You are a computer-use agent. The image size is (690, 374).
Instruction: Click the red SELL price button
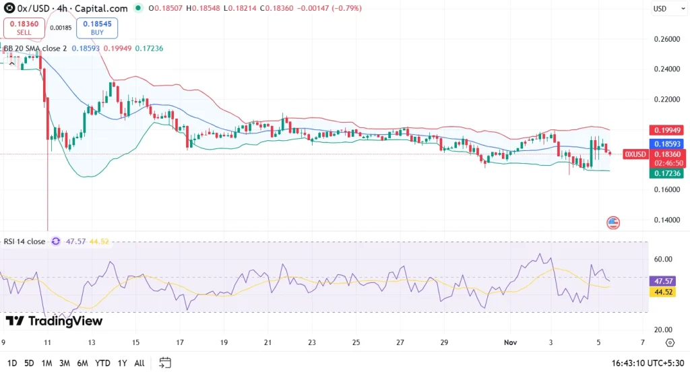click(x=24, y=28)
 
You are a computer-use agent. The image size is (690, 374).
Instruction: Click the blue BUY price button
click(x=97, y=28)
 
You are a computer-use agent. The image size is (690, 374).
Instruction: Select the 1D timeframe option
click(x=12, y=363)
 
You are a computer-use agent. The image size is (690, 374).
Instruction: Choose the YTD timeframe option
click(x=102, y=363)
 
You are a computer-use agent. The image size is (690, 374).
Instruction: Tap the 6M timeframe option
click(x=82, y=363)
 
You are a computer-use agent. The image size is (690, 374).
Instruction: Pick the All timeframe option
click(x=139, y=363)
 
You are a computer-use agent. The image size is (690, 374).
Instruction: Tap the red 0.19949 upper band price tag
click(x=666, y=130)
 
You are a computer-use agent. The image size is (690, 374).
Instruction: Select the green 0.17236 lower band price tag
click(x=666, y=173)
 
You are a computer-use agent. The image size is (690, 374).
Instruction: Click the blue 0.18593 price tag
click(x=666, y=144)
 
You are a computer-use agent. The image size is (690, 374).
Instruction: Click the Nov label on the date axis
click(x=511, y=342)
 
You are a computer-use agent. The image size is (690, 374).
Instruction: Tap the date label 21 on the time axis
click(x=268, y=342)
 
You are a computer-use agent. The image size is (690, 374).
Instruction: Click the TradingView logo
click(x=54, y=321)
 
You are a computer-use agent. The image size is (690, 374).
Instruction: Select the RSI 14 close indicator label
click(x=24, y=241)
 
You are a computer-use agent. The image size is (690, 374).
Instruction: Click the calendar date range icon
click(x=164, y=363)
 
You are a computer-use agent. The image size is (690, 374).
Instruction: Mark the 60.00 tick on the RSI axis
click(x=663, y=259)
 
